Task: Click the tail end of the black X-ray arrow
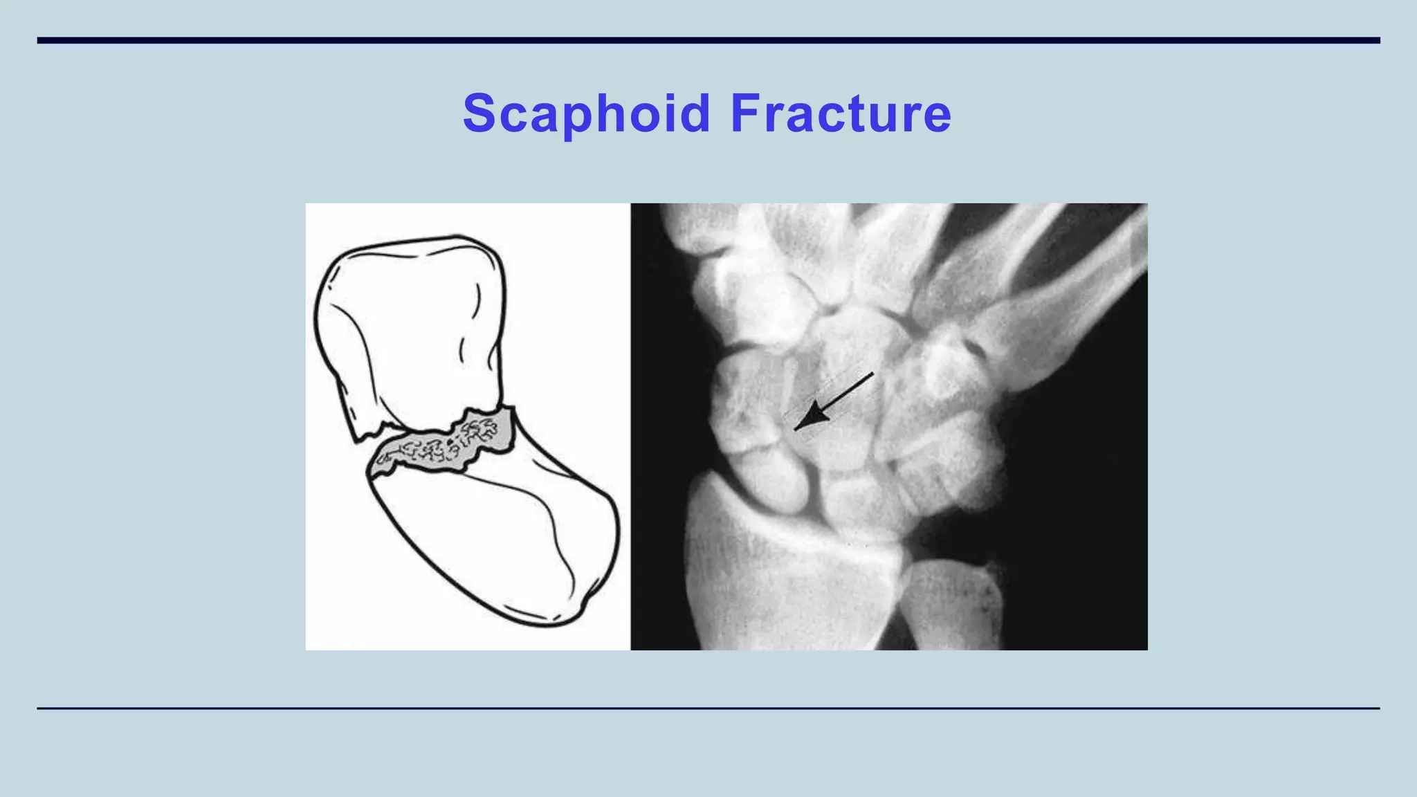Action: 872,374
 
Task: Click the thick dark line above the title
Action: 708,40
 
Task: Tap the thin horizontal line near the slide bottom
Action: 708,708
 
